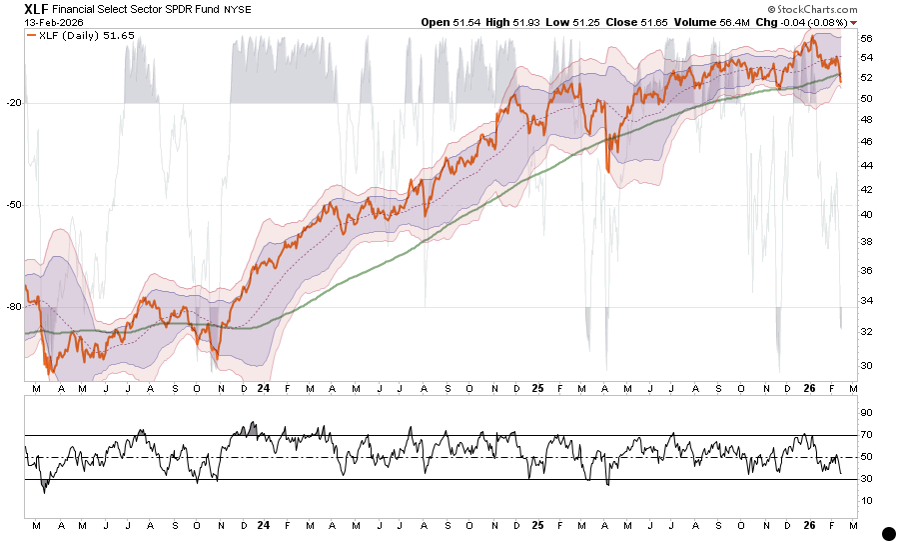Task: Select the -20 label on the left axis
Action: point(13,102)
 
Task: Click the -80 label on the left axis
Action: point(13,307)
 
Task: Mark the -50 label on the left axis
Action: point(13,205)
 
